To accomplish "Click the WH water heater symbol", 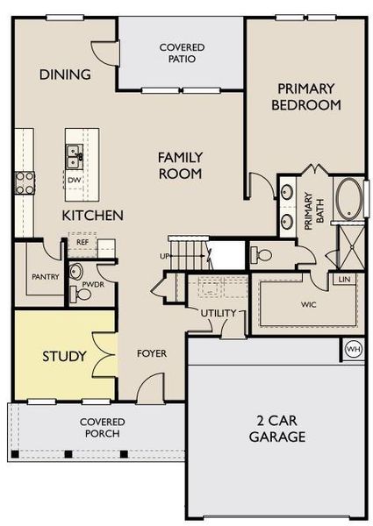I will point(354,349).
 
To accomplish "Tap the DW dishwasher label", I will point(75,180).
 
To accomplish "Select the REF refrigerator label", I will point(82,241).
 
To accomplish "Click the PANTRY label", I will point(44,275).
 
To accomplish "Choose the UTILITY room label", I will point(219,313).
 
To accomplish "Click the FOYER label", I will point(152,354).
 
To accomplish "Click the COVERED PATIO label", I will point(183,53).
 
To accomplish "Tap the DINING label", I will point(65,75).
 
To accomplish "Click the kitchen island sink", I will point(75,158).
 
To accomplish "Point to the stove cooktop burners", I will point(23,183).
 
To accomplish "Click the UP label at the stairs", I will point(164,257).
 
